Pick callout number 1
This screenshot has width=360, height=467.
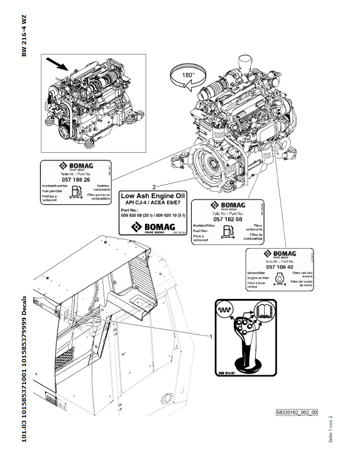coord(211,336)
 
